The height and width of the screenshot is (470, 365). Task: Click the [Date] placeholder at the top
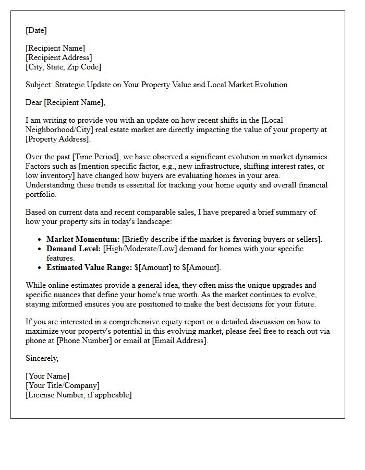(x=36, y=30)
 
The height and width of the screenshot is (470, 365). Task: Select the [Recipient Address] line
(x=59, y=57)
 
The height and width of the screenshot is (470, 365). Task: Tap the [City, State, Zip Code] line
(x=63, y=67)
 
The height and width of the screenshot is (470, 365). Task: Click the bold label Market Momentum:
(x=83, y=239)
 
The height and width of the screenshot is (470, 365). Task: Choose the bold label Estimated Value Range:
(x=89, y=267)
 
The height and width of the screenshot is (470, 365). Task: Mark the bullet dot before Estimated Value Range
(x=40, y=267)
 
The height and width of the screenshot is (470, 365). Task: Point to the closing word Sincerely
(x=42, y=358)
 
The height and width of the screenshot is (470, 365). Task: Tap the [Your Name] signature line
(x=47, y=376)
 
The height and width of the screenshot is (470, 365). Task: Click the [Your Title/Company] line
(x=63, y=385)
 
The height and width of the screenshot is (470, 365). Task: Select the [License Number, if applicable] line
(x=79, y=395)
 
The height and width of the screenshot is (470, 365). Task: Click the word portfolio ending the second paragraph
(x=42, y=194)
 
